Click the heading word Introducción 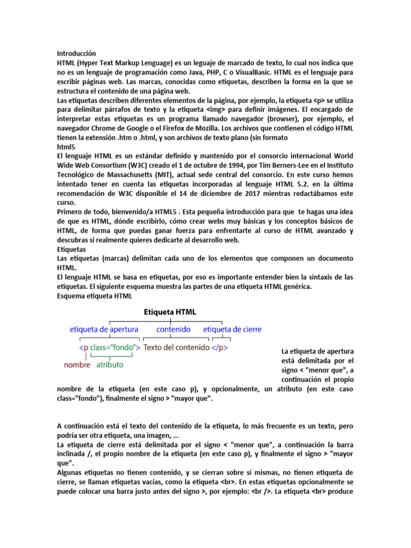[76, 54]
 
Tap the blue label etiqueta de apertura [104, 329]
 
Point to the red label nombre [77, 365]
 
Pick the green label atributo [110, 365]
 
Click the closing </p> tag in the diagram [220, 347]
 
